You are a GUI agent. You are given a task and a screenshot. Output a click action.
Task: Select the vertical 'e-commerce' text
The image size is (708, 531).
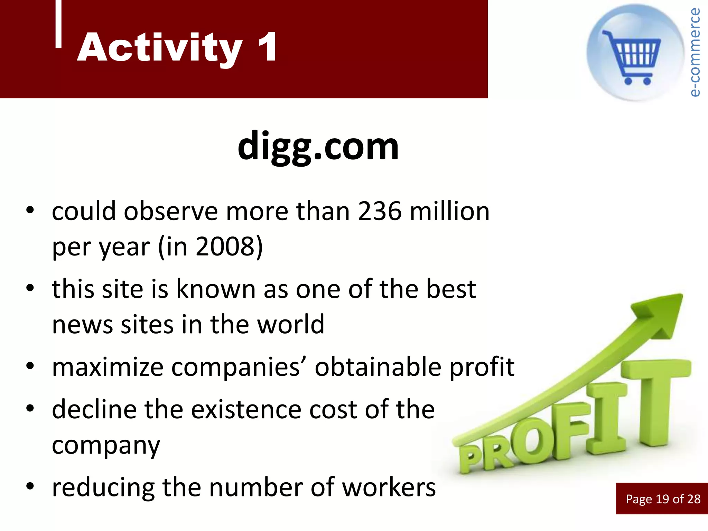tap(695, 52)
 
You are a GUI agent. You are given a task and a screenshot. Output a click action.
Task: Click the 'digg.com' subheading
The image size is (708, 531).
tap(318, 147)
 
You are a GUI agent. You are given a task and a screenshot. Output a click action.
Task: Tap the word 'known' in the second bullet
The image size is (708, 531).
tap(216, 289)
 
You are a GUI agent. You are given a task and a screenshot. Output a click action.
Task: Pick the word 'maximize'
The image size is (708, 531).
tap(108, 367)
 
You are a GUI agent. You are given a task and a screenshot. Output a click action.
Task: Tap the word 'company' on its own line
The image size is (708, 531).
tap(106, 446)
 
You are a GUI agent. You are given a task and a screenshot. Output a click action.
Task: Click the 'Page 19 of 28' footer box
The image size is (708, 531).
tap(662, 499)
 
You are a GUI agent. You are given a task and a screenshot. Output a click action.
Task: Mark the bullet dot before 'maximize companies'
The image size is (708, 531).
tap(30, 366)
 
